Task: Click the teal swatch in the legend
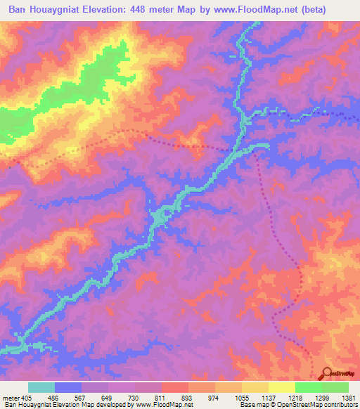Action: click(x=41, y=387)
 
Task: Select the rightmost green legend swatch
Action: click(x=335, y=387)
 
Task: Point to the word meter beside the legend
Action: click(x=11, y=398)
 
